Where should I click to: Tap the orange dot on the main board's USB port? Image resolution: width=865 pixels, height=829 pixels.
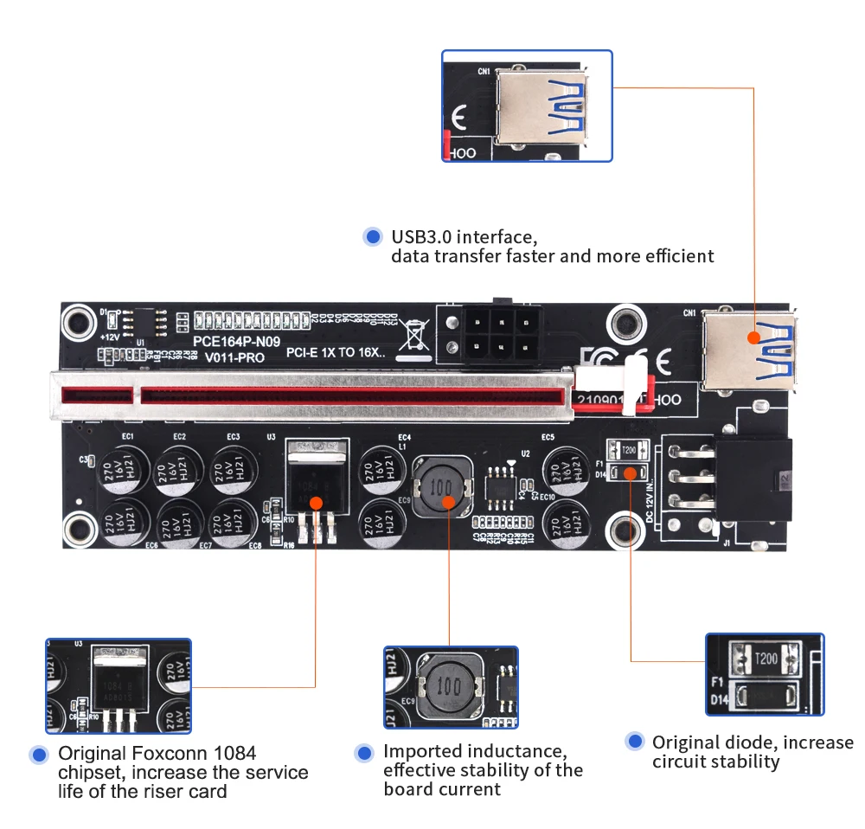[753, 337]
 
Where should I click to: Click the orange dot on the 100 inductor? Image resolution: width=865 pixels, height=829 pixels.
[448, 501]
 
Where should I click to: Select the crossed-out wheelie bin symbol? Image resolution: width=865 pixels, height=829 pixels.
[414, 338]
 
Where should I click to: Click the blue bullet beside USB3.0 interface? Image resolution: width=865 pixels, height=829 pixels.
[373, 236]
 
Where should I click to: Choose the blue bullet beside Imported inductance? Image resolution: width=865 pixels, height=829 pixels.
[364, 752]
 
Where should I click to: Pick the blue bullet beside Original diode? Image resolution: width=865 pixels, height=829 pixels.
[636, 742]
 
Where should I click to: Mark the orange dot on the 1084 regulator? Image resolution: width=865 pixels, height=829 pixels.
[317, 503]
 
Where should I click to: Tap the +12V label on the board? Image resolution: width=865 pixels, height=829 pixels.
[110, 336]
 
